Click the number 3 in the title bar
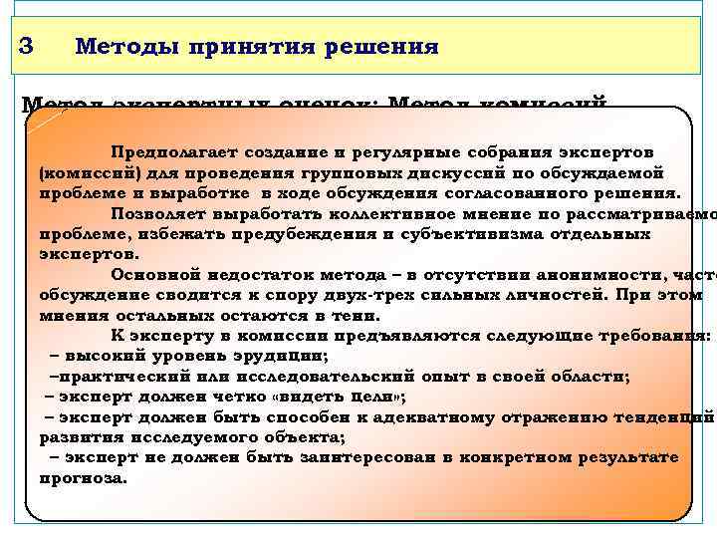[x=27, y=46]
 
